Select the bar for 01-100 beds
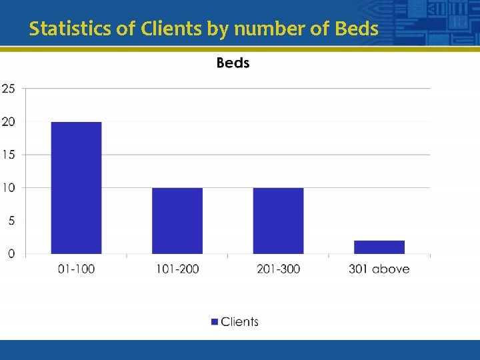coord(76,187)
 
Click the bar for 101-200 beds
coord(177,221)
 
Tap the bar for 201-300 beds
coord(278,221)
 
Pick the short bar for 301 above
coord(379,247)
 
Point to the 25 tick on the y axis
coord(9,89)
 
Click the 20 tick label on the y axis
coord(9,122)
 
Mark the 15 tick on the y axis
coord(9,155)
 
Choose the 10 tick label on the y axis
coord(9,188)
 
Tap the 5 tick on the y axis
coord(11,221)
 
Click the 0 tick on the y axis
coord(11,253)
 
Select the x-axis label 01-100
coord(76,269)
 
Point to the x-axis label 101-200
coord(177,269)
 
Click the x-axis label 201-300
coord(278,269)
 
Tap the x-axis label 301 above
coord(379,269)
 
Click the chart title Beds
coord(233,63)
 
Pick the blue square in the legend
coord(215,322)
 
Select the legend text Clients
coord(239,322)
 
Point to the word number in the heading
coord(257,29)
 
